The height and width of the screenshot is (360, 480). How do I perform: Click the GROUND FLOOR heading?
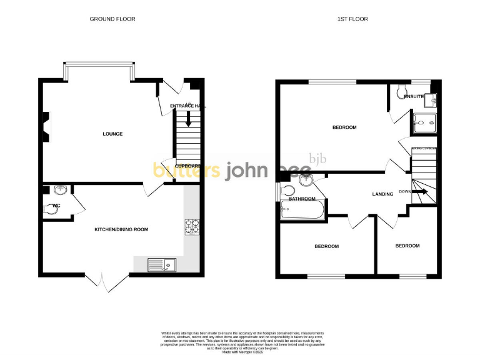112,19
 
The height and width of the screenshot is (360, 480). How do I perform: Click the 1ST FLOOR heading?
353,19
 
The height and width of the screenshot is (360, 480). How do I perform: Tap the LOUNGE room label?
112,134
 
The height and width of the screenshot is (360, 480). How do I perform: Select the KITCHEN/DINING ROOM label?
121,229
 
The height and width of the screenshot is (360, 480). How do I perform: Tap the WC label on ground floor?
56,205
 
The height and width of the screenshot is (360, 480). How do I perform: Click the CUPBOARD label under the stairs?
187,166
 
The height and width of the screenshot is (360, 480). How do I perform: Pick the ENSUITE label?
414,97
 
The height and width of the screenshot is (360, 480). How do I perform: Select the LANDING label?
382,194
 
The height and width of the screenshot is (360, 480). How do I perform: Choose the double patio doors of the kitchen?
102,281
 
